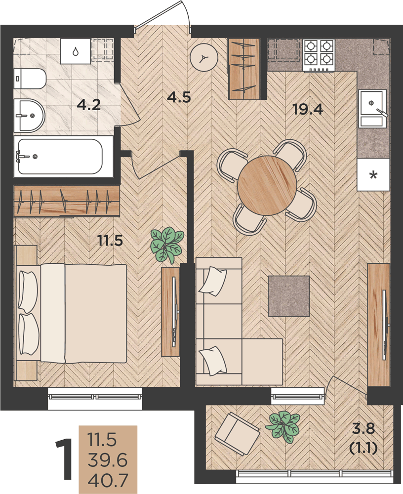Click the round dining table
click(267, 186)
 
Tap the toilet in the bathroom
click(30, 79)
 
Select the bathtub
click(60, 157)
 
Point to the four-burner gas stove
click(319, 55)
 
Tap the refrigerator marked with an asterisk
click(373, 174)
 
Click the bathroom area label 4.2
click(89, 105)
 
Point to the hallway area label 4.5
click(179, 97)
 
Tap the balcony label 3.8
click(364, 429)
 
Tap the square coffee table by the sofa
click(289, 296)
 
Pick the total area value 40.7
click(108, 480)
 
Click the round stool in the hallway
click(204, 58)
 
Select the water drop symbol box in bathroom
click(75, 51)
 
